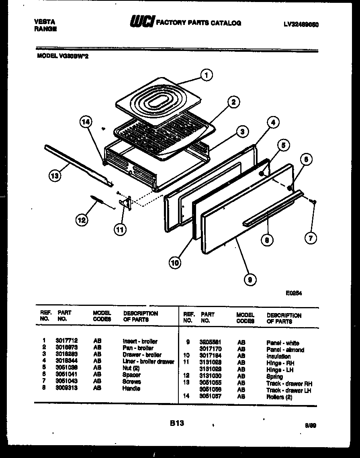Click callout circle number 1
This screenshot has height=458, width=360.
tap(207, 75)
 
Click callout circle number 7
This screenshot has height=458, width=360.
tap(310, 238)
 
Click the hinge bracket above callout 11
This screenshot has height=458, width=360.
tap(126, 203)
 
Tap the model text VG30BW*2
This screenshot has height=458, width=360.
tap(63, 57)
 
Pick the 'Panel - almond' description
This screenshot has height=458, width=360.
tap(285, 350)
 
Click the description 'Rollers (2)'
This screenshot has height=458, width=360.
tap(279, 397)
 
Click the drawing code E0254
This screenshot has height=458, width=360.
tap(294, 293)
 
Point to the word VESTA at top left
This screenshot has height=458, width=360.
tap(45, 22)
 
